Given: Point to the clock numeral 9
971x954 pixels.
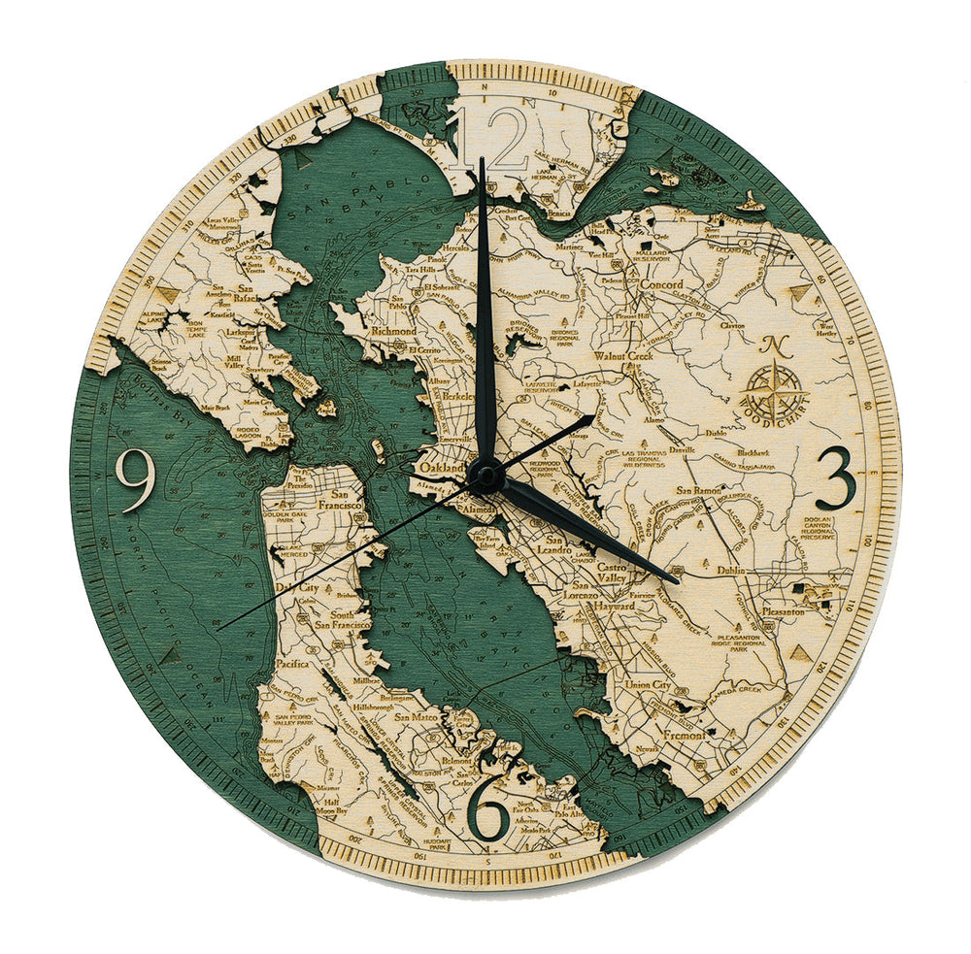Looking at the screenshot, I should point(135,478).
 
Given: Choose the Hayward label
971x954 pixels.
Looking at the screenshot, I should point(610,606).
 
